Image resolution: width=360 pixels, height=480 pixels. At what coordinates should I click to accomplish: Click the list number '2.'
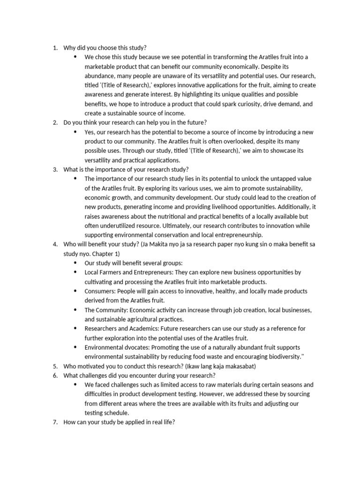click(55, 122)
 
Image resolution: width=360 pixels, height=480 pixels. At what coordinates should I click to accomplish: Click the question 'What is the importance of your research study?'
click(126, 169)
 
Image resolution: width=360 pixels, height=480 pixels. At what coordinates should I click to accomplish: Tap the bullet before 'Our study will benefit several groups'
click(75, 263)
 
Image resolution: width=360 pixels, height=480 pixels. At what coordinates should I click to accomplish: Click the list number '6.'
click(55, 375)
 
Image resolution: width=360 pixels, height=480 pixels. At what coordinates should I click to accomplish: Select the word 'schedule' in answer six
click(117, 413)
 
